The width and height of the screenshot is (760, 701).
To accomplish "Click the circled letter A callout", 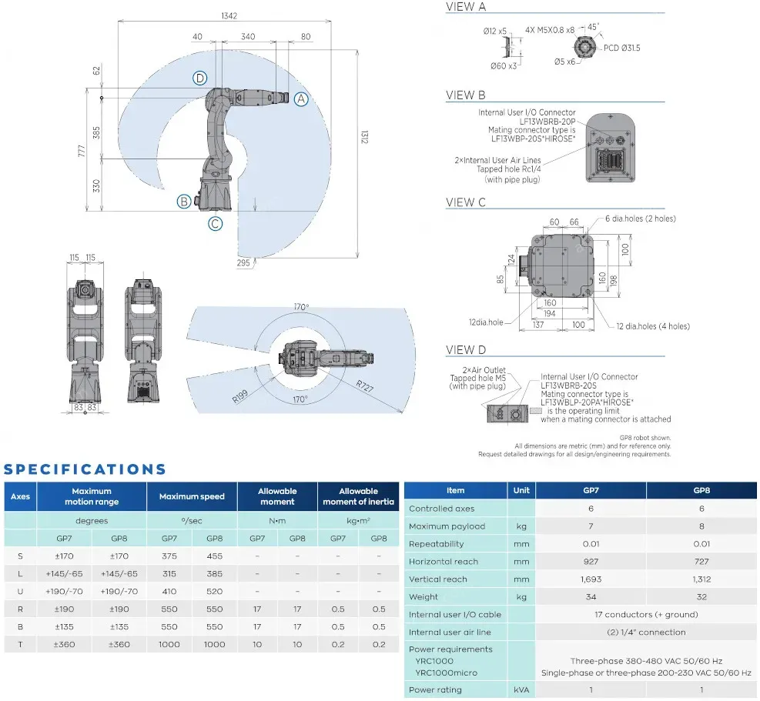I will click(x=301, y=98).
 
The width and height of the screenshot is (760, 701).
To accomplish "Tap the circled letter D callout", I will click(x=200, y=78).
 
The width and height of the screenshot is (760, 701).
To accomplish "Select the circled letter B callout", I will click(x=183, y=202).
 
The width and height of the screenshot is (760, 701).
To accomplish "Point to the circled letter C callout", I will click(x=216, y=224).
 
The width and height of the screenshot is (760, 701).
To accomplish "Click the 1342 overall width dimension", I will click(x=228, y=15).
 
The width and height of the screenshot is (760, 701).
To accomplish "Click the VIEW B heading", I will click(x=466, y=95).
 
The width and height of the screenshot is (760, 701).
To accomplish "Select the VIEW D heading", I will click(x=466, y=350).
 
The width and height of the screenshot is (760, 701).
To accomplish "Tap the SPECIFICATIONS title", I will click(x=85, y=469).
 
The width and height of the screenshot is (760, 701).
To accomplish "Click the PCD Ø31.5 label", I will click(x=621, y=48).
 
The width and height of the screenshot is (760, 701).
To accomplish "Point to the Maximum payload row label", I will click(x=447, y=526).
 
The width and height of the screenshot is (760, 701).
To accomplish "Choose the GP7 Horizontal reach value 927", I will click(x=590, y=562).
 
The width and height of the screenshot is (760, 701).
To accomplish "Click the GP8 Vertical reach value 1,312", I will click(x=701, y=579).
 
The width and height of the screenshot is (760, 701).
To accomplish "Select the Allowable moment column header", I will click(x=277, y=496).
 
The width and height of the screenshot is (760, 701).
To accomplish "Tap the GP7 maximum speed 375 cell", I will click(x=169, y=556).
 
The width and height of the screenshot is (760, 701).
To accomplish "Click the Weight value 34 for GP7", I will click(x=590, y=597).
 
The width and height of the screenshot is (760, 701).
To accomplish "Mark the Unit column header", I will click(x=521, y=490).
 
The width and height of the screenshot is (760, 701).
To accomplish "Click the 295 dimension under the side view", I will click(x=244, y=263).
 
